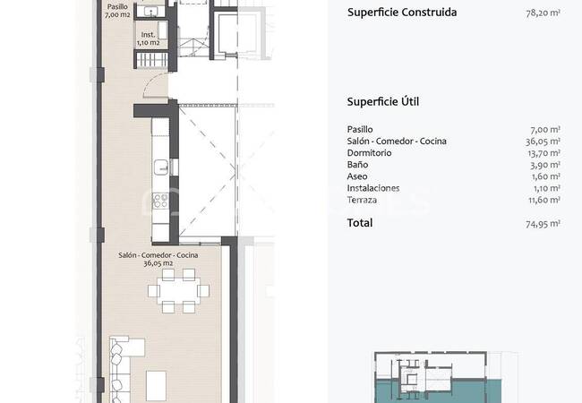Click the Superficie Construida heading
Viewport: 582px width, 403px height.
tap(402, 13)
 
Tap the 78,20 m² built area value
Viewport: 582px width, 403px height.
tap(543, 13)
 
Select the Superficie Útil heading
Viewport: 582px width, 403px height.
tap(383, 102)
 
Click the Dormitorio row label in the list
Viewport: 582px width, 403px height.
tap(369, 153)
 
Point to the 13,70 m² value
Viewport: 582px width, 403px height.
tap(543, 153)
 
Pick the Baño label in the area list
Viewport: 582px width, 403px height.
tap(357, 165)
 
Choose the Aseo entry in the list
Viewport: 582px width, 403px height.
tap(357, 176)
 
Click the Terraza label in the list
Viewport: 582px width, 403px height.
tap(362, 200)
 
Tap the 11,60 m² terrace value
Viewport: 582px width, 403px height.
tap(544, 201)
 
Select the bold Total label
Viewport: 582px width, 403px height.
tap(360, 223)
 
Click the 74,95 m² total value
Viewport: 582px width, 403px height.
tap(543, 224)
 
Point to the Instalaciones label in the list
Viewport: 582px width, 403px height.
tap(373, 188)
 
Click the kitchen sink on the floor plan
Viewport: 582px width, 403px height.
tap(161, 167)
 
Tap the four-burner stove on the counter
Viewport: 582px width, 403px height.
tap(160, 201)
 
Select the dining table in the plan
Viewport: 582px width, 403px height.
tap(178, 290)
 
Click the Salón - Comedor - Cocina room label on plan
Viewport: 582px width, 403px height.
tap(158, 259)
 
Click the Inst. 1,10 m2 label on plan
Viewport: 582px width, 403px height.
tap(148, 39)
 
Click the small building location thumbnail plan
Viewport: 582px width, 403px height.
tap(438, 377)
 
